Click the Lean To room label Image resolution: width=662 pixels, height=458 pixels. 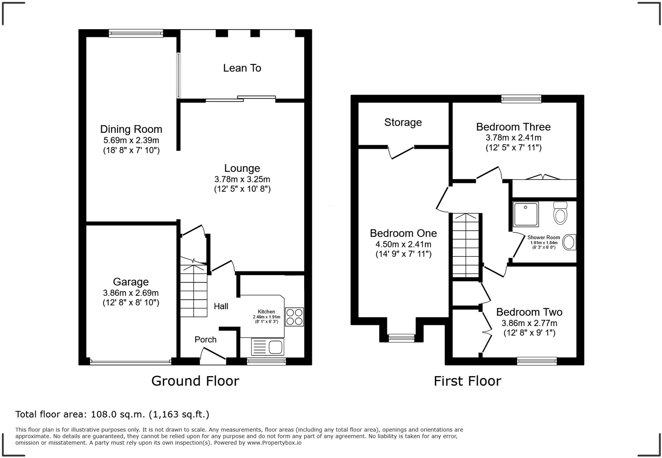coord(242,68)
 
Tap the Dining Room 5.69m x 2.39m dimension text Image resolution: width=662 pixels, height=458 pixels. coord(131,140)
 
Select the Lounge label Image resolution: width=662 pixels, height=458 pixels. coord(242,168)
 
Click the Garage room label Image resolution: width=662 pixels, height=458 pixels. coord(131,282)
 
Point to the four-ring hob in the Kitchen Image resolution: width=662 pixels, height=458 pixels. coord(294,317)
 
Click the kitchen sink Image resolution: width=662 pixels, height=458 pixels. coord(268,347)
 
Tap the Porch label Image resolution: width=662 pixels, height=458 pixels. coord(206,339)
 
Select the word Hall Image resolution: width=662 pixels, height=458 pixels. coord(221,306)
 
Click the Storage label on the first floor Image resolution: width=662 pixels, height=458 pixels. coord(403,122)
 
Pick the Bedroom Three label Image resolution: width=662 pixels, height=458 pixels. coord(513,127)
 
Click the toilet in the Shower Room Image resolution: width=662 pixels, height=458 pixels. coord(560,213)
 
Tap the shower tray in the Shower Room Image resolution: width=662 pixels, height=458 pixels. coord(526,214)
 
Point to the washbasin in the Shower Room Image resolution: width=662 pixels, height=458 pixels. coord(569,242)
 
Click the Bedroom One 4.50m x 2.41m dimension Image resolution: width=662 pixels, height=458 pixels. coord(403,244)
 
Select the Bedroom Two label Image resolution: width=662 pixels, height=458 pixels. coord(529,312)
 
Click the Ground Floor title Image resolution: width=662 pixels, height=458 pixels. coord(195,381)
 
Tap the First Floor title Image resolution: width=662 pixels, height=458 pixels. coord(467,381)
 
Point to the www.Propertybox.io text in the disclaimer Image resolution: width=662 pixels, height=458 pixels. coord(274,443)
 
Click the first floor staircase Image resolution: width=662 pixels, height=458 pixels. coord(466,245)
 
